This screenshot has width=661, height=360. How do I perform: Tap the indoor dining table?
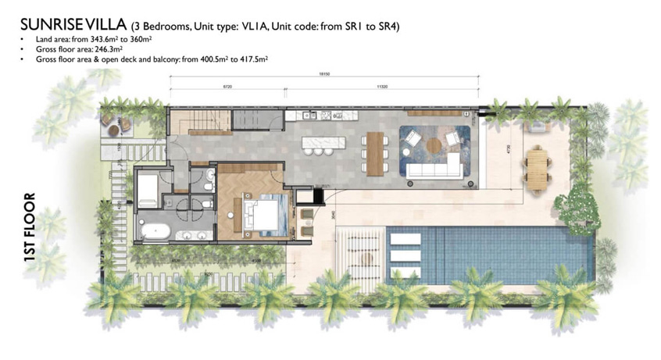[376, 153]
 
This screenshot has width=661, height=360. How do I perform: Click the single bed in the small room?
[147, 189]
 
